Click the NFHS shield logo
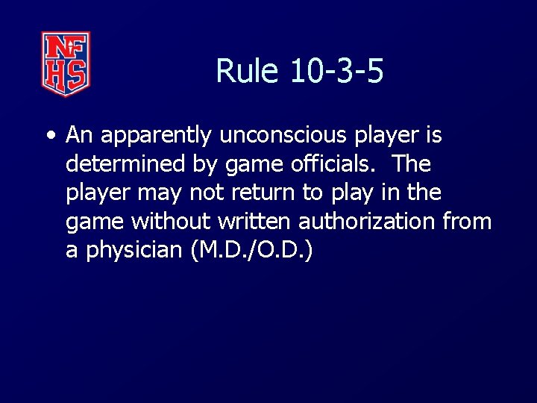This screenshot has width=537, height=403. pyautogui.click(x=66, y=63)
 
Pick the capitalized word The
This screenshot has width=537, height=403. pyautogui.click(x=411, y=163)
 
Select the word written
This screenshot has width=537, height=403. pyautogui.click(x=257, y=221)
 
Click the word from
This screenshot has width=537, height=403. pyautogui.click(x=467, y=221)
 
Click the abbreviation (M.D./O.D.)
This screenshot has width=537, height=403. pyautogui.click(x=252, y=250)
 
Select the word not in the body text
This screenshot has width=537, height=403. pyautogui.click(x=204, y=193)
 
